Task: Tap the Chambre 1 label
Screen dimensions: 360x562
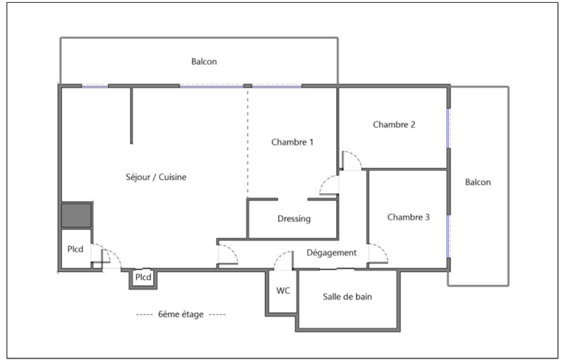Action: point(292,142)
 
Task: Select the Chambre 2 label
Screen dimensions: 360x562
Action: point(394,125)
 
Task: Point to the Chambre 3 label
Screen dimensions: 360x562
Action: point(408,217)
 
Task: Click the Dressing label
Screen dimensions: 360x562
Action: point(294,219)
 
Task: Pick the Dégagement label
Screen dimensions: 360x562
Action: point(332,252)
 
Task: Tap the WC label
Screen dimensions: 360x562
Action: point(283,290)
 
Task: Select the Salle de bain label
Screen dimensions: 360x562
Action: point(347,297)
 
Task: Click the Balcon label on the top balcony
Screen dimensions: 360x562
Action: point(204,62)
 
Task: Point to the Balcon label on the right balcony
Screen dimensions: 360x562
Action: point(478,182)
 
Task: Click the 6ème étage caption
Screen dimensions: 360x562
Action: point(181,314)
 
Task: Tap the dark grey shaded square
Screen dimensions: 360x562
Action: point(76,214)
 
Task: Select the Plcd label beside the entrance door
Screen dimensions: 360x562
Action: point(75,248)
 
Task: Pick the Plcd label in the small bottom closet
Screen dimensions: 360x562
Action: point(143,278)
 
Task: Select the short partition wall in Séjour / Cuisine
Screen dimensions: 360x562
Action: point(131,116)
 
